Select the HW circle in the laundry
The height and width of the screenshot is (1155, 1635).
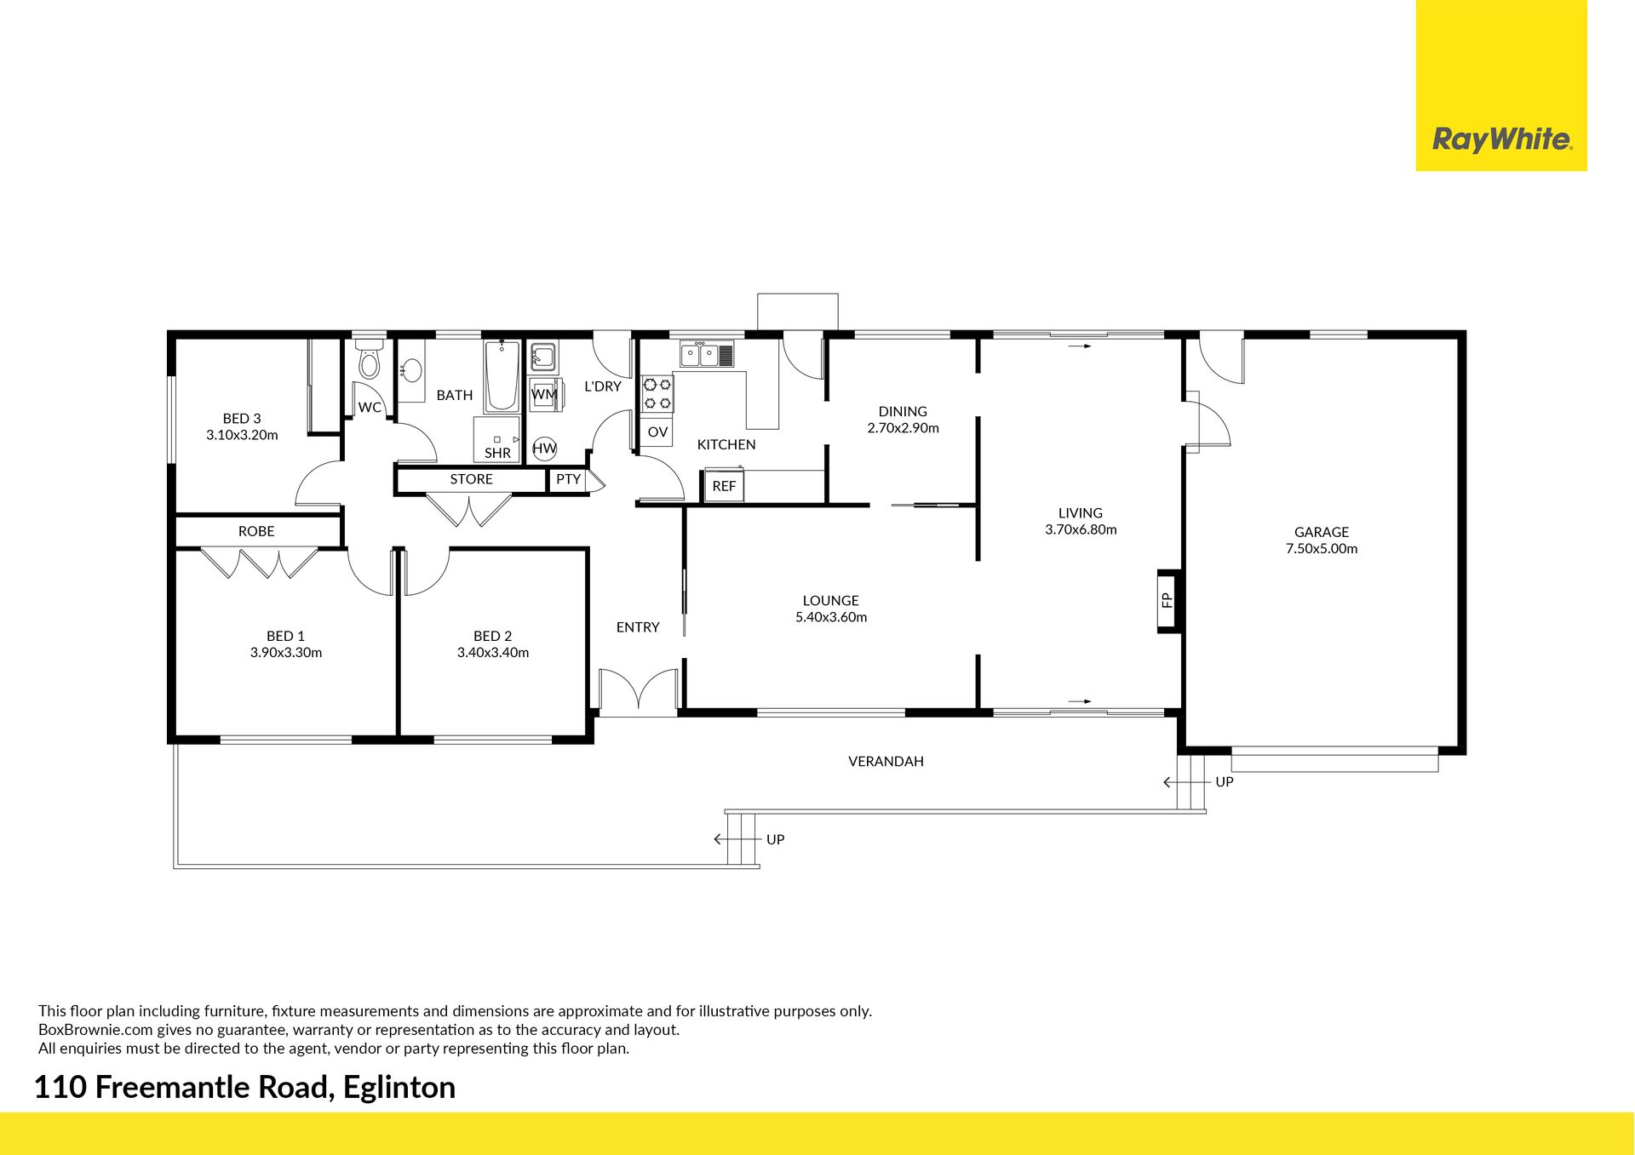pos(544,449)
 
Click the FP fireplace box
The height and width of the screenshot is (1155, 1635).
pos(1167,600)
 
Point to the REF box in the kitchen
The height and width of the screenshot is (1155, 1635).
pos(724,486)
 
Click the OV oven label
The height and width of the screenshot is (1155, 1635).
pos(657,432)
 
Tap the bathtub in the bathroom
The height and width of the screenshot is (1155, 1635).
pos(502,377)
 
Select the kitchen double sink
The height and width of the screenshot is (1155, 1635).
pos(707,354)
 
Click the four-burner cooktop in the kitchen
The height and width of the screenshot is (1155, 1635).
pos(657,394)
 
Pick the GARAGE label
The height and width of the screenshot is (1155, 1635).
pos(1322,533)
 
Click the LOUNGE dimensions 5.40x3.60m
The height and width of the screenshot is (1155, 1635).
pos(831,617)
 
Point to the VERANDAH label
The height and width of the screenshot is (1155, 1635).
pos(886,761)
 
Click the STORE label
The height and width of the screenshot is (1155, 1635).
pos(471,479)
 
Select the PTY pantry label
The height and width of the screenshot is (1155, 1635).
pos(568,479)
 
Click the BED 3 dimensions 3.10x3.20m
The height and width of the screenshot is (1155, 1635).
pos(242,434)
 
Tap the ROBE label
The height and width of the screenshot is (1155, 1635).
pos(256,531)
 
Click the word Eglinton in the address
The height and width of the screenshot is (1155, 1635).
pos(399,1088)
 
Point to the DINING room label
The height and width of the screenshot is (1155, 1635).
pos(903,411)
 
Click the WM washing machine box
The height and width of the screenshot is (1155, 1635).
pos(544,394)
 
